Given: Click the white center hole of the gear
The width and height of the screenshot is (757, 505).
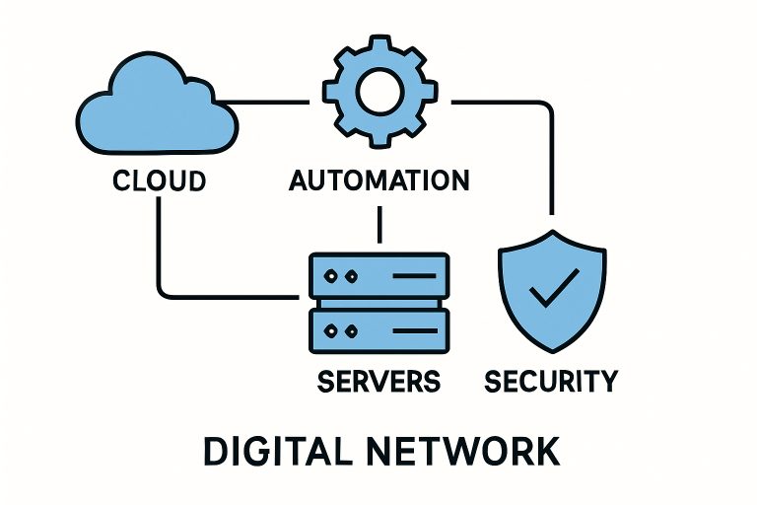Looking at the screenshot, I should coord(378,93).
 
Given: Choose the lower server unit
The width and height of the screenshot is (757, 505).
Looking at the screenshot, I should coord(378,329).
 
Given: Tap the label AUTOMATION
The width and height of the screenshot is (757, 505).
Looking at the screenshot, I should coord(378,181).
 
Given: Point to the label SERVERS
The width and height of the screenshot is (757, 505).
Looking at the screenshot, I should coord(378,380).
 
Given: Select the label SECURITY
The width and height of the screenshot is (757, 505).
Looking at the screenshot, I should coord(552,380).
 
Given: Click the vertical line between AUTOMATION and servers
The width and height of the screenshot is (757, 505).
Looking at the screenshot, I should coord(378,225).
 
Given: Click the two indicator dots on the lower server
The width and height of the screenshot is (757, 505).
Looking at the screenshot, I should coord(340,329).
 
